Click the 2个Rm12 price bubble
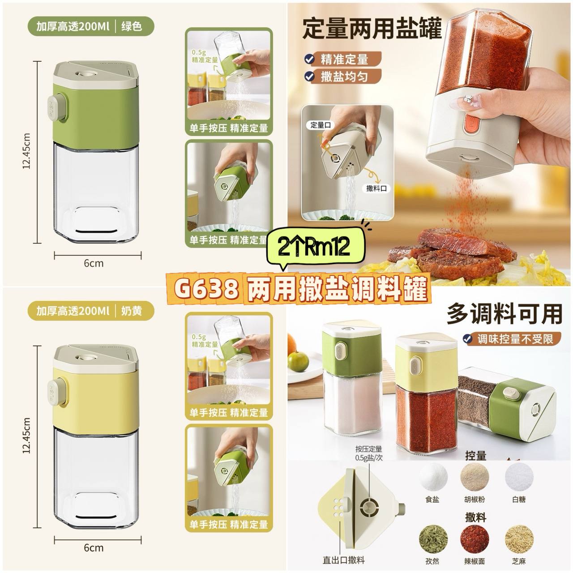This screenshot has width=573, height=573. pyautogui.click(x=316, y=246)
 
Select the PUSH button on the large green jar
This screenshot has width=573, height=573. pyautogui.click(x=57, y=108)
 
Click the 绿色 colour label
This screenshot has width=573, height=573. pyautogui.click(x=132, y=26)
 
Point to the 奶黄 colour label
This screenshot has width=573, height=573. pyautogui.click(x=132, y=311)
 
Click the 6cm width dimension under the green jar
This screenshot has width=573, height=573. pyautogui.click(x=94, y=264)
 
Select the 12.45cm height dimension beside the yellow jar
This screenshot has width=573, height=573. pyautogui.click(x=26, y=435)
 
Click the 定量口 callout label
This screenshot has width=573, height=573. pyautogui.click(x=321, y=125)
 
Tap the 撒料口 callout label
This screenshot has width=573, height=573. pyautogui.click(x=376, y=188)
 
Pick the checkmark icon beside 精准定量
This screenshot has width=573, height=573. pyautogui.click(x=309, y=59)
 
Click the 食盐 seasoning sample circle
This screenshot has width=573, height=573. pyautogui.click(x=433, y=477)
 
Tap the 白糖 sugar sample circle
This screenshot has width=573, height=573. pyautogui.click(x=519, y=477)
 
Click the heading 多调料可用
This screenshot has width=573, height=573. pyautogui.click(x=505, y=314)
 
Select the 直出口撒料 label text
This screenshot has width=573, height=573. pyautogui.click(x=344, y=560)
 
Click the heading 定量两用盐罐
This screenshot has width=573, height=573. pyautogui.click(x=372, y=29)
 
